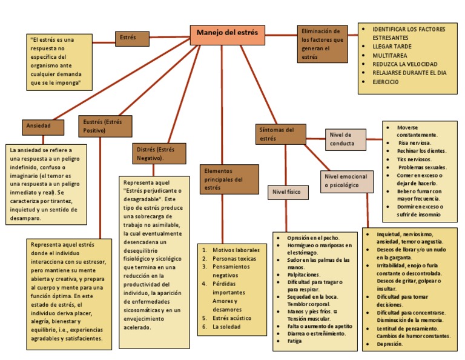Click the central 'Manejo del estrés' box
pos(227,34)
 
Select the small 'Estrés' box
pos(132,39)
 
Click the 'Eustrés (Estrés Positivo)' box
pos(105,126)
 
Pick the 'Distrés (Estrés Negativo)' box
pos(158,153)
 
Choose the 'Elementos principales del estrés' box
pos(225,179)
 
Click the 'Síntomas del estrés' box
pos(280,134)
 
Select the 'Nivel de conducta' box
pos(346,139)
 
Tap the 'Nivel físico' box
pos(289,192)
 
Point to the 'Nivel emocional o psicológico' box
pos(346,181)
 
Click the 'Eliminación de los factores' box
pos(323,44)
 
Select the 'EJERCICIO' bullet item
pos(386,82)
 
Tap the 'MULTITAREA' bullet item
pos(391,55)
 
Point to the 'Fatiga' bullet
pos(295,342)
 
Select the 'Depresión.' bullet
pos(389,344)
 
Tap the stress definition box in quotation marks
pos(60,61)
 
